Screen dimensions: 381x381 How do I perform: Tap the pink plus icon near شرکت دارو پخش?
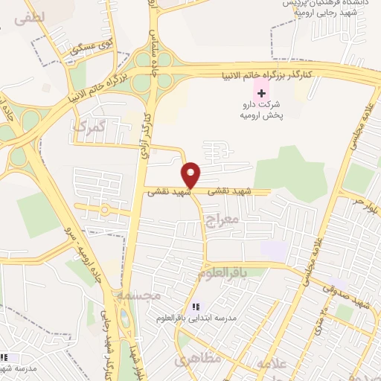click(x=260, y=92)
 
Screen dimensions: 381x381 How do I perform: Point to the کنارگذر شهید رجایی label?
click(x=107, y=350)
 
